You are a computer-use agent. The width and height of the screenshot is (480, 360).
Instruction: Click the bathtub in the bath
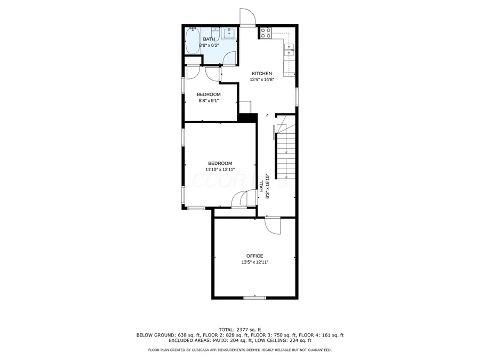point(193,41)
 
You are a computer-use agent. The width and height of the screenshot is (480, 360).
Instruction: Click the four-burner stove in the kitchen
point(266,33)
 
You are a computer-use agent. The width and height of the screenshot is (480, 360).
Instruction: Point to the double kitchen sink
point(290,50)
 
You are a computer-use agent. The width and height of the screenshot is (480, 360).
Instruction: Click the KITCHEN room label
point(262,74)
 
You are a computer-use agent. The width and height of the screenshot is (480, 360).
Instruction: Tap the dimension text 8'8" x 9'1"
point(209,100)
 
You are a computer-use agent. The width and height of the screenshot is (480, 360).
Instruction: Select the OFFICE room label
point(254,256)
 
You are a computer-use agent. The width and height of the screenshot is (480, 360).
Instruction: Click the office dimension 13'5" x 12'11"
point(254,262)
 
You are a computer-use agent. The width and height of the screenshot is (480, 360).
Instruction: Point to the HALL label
point(261,186)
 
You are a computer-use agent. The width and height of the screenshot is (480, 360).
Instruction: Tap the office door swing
point(272,225)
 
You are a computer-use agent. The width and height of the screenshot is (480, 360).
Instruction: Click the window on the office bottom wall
point(254,297)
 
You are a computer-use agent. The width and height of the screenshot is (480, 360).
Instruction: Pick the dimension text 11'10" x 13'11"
point(220,170)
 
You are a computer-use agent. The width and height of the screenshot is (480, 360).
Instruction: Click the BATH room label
point(209,39)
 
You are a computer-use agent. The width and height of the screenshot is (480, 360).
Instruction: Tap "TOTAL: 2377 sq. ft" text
point(240,330)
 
